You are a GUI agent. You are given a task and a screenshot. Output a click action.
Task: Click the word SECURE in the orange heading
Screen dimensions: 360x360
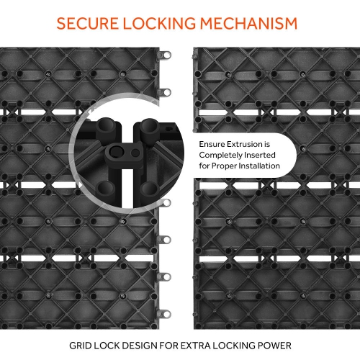(x=87, y=23)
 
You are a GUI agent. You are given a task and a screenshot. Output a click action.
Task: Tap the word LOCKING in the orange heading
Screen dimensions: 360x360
(x=159, y=23)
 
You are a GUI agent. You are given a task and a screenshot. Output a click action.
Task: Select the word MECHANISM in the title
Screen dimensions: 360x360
(x=248, y=23)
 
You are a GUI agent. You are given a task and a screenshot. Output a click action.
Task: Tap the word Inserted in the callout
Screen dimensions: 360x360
(x=258, y=155)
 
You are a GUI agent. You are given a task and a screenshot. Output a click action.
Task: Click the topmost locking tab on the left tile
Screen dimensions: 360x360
(x=165, y=55)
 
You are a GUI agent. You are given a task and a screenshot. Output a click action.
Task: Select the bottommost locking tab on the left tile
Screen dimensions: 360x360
(x=165, y=314)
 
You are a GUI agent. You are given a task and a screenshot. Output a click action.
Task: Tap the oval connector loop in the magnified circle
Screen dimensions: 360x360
(x=125, y=152)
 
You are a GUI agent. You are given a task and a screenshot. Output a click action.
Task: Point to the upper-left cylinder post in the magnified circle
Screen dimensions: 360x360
(x=105, y=128)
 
